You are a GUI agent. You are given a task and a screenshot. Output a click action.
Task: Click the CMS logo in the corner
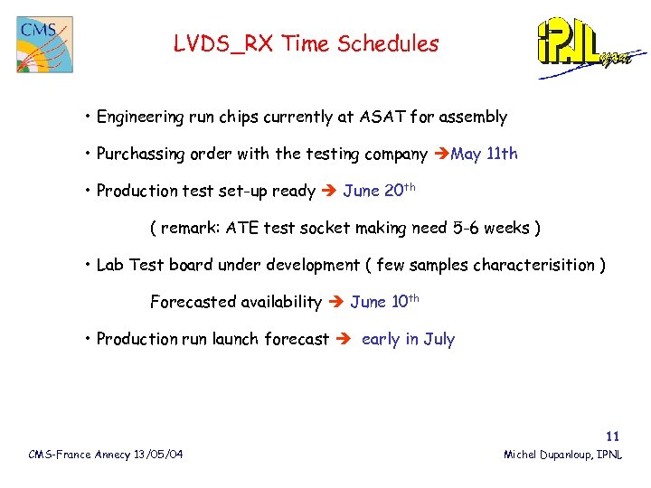click(x=44, y=44)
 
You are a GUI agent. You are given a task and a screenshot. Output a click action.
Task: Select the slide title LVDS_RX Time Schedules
click(x=306, y=43)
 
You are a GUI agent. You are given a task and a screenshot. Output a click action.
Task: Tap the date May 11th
click(x=484, y=154)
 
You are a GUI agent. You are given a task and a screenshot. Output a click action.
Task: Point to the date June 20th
click(x=380, y=190)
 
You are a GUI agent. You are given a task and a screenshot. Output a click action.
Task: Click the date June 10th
click(x=384, y=301)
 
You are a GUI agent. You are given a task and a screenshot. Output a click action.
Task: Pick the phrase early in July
click(x=408, y=340)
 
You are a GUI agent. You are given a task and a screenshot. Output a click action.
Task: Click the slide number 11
click(x=613, y=436)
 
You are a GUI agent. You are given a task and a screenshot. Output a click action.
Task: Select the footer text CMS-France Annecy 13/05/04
click(x=106, y=454)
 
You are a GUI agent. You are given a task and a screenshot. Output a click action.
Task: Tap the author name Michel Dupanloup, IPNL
click(x=562, y=454)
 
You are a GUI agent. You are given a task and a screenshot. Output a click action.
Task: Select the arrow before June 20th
click(x=328, y=191)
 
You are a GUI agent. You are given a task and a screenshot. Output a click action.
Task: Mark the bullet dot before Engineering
click(x=89, y=117)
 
